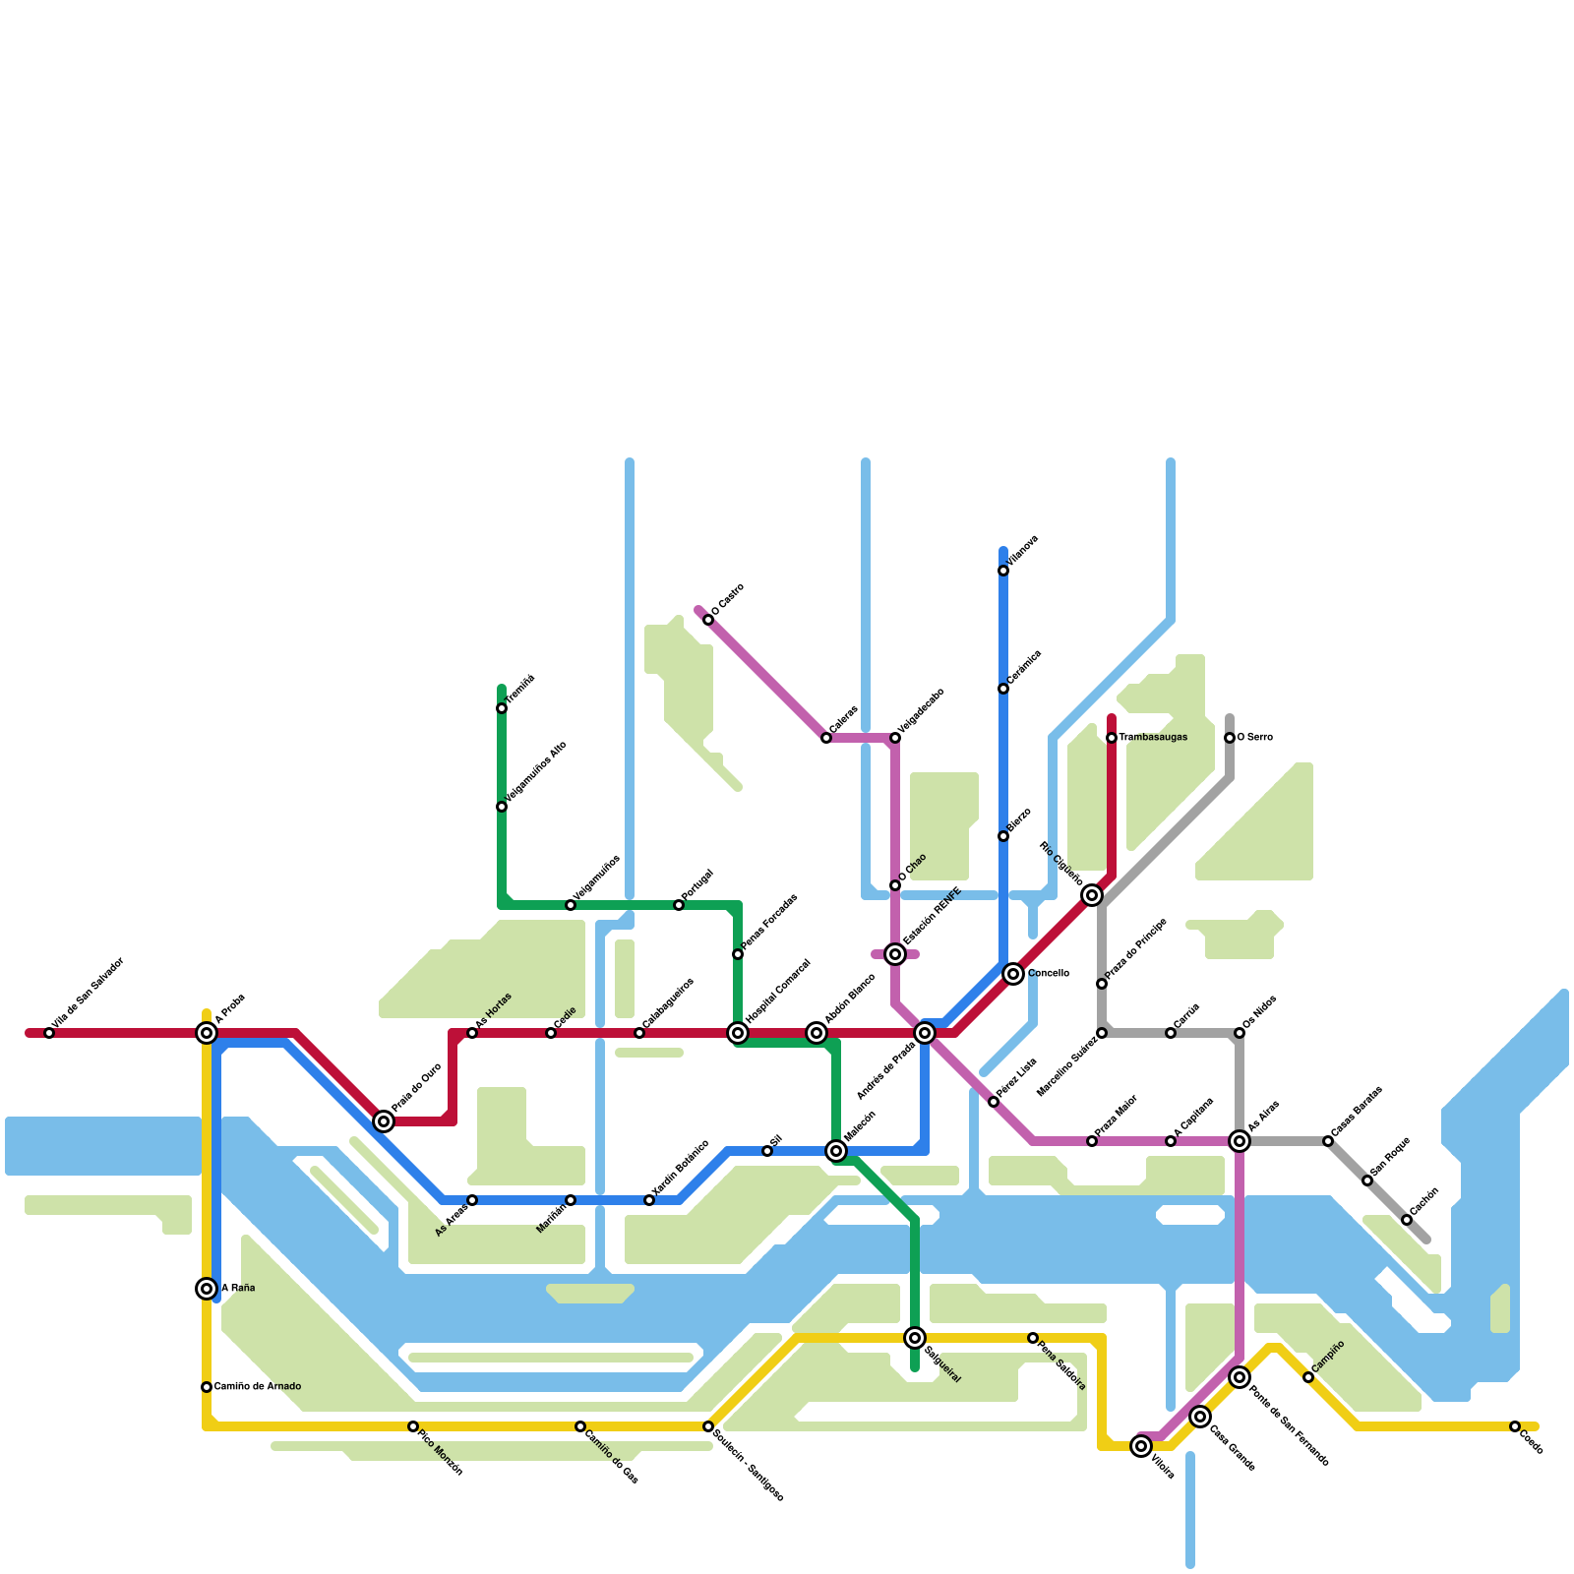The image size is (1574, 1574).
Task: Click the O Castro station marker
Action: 708,620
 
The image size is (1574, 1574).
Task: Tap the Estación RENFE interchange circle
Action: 895,954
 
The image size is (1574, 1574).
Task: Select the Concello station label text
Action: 1049,974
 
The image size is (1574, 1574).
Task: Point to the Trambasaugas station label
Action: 1153,738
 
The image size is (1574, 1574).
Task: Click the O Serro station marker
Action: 1230,738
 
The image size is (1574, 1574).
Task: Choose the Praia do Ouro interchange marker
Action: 384,1121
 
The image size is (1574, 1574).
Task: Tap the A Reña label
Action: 238,1289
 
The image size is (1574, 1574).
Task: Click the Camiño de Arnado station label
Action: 258,1387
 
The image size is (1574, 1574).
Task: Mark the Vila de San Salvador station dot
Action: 49,1033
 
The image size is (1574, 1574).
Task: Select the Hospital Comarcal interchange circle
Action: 738,1033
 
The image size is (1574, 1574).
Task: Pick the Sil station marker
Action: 767,1151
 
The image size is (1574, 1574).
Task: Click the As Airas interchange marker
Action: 1240,1141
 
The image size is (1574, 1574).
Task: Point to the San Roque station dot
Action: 1367,1180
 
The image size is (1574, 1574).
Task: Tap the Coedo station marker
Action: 1515,1426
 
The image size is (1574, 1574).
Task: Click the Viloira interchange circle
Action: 1141,1446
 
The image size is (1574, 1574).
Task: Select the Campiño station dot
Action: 1308,1377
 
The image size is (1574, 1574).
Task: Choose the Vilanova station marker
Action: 1003,571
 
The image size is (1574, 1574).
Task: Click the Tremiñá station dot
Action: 502,708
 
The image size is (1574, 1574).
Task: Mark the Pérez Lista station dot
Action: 994,1102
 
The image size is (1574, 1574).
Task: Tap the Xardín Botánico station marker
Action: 649,1200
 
